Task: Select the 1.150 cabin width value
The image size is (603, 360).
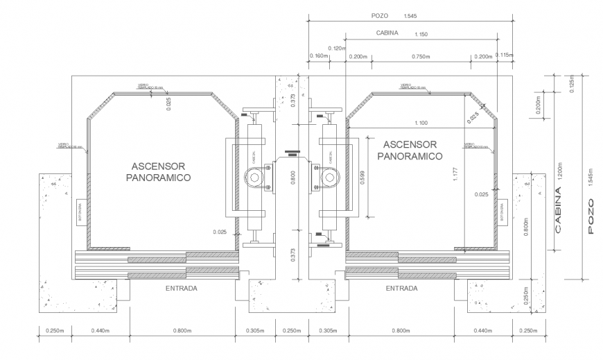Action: click(x=420, y=33)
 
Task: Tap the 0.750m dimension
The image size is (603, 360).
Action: click(x=419, y=57)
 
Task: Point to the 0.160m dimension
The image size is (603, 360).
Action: click(x=319, y=57)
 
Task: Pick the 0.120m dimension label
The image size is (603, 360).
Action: click(x=336, y=48)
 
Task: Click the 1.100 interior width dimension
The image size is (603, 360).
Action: click(x=421, y=122)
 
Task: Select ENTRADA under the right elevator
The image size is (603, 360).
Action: click(x=401, y=286)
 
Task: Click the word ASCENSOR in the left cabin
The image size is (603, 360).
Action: click(x=159, y=166)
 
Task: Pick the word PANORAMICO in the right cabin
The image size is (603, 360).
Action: click(x=410, y=156)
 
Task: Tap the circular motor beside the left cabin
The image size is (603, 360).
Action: click(x=255, y=178)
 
